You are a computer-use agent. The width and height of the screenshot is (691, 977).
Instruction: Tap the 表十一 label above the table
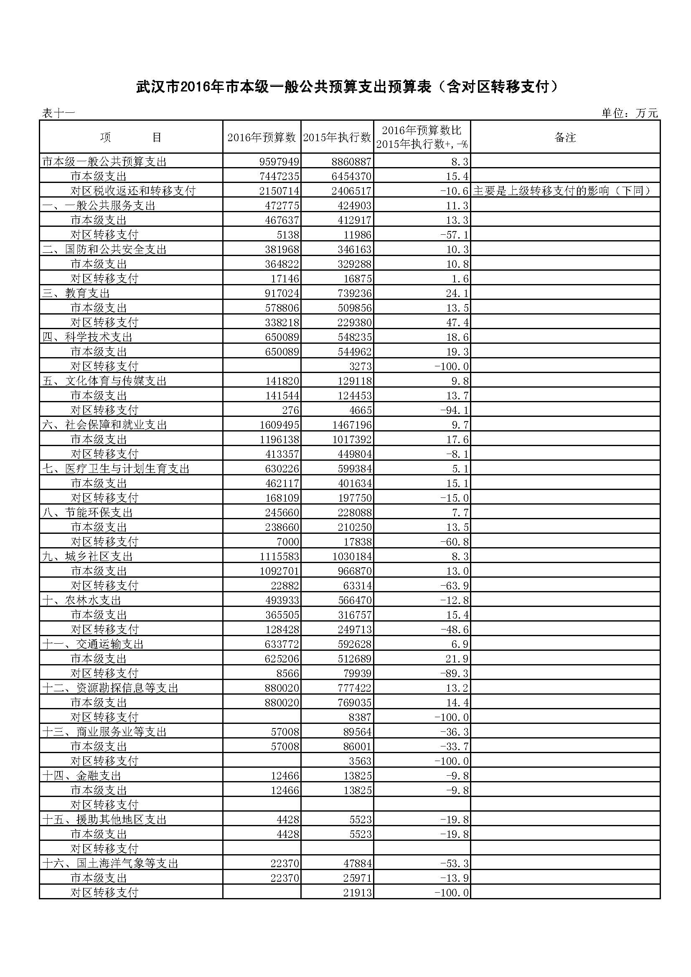coord(58,113)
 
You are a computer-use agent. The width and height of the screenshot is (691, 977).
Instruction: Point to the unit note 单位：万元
coord(629,113)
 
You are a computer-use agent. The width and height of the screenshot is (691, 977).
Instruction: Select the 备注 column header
coord(565,137)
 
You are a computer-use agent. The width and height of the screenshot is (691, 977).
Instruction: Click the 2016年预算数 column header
coord(261,137)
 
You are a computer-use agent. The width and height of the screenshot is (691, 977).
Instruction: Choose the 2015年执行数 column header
coord(337,137)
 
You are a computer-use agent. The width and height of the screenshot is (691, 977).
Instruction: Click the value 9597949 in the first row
coord(279,162)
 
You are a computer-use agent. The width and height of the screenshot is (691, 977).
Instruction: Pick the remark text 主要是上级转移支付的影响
coord(562,190)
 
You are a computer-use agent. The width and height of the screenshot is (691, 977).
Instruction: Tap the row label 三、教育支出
coord(76,293)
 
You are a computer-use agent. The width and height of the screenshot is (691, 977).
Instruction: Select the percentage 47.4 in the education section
coord(457,322)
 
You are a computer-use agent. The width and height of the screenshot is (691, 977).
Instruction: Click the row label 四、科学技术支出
coord(87,337)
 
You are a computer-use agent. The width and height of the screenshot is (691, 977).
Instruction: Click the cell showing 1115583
coord(279,556)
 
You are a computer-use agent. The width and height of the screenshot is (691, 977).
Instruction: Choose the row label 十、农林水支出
coord(82,600)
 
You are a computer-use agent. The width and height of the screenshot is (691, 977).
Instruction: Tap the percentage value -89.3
coord(455,673)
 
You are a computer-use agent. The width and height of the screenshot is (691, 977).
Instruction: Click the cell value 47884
coord(358,863)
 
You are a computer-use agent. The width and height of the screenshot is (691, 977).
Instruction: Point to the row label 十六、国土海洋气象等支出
coord(110,863)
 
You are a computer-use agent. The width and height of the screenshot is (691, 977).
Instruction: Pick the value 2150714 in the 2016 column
coord(279,190)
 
